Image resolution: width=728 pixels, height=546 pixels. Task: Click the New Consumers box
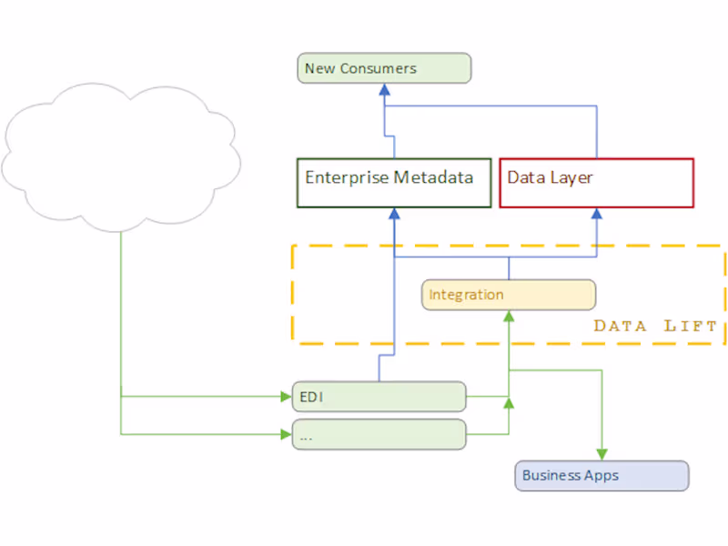tap(384, 68)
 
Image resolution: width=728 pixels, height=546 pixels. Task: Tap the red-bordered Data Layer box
tap(596, 183)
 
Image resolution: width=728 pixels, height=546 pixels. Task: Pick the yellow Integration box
tap(509, 295)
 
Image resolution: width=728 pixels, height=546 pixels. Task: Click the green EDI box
tap(379, 397)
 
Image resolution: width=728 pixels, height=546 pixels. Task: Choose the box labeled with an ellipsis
tap(379, 435)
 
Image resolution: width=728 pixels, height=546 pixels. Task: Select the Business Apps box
tap(602, 476)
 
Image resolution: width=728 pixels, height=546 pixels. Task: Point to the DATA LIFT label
tap(655, 326)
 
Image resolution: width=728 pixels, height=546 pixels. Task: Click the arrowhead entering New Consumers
tap(384, 89)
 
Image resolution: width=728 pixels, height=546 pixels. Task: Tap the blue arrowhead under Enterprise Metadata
tap(394, 214)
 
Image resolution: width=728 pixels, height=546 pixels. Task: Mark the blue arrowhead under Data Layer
tap(597, 214)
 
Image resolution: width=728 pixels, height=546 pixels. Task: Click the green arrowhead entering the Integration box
tap(509, 316)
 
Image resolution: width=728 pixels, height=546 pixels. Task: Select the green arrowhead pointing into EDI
tap(285, 397)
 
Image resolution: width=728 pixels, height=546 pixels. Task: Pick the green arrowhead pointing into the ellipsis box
tap(285, 434)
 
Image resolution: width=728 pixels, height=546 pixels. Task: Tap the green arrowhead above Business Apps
tap(602, 455)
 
